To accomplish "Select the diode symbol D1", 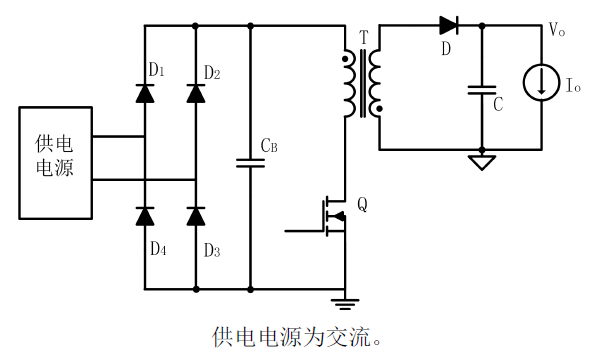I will pyautogui.click(x=146, y=94).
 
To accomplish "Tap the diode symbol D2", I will pyautogui.click(x=196, y=94).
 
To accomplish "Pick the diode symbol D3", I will pyautogui.click(x=196, y=214).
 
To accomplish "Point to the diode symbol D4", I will pyautogui.click(x=146, y=214).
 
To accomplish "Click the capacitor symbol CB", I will pyautogui.click(x=249, y=161).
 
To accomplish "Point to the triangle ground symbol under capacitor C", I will pyautogui.click(x=483, y=161).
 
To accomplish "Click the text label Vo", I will pyautogui.click(x=557, y=28).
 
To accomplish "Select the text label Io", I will pyautogui.click(x=572, y=88).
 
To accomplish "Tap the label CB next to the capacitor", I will pyautogui.click(x=269, y=146).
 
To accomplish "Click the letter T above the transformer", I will pyautogui.click(x=363, y=38).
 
